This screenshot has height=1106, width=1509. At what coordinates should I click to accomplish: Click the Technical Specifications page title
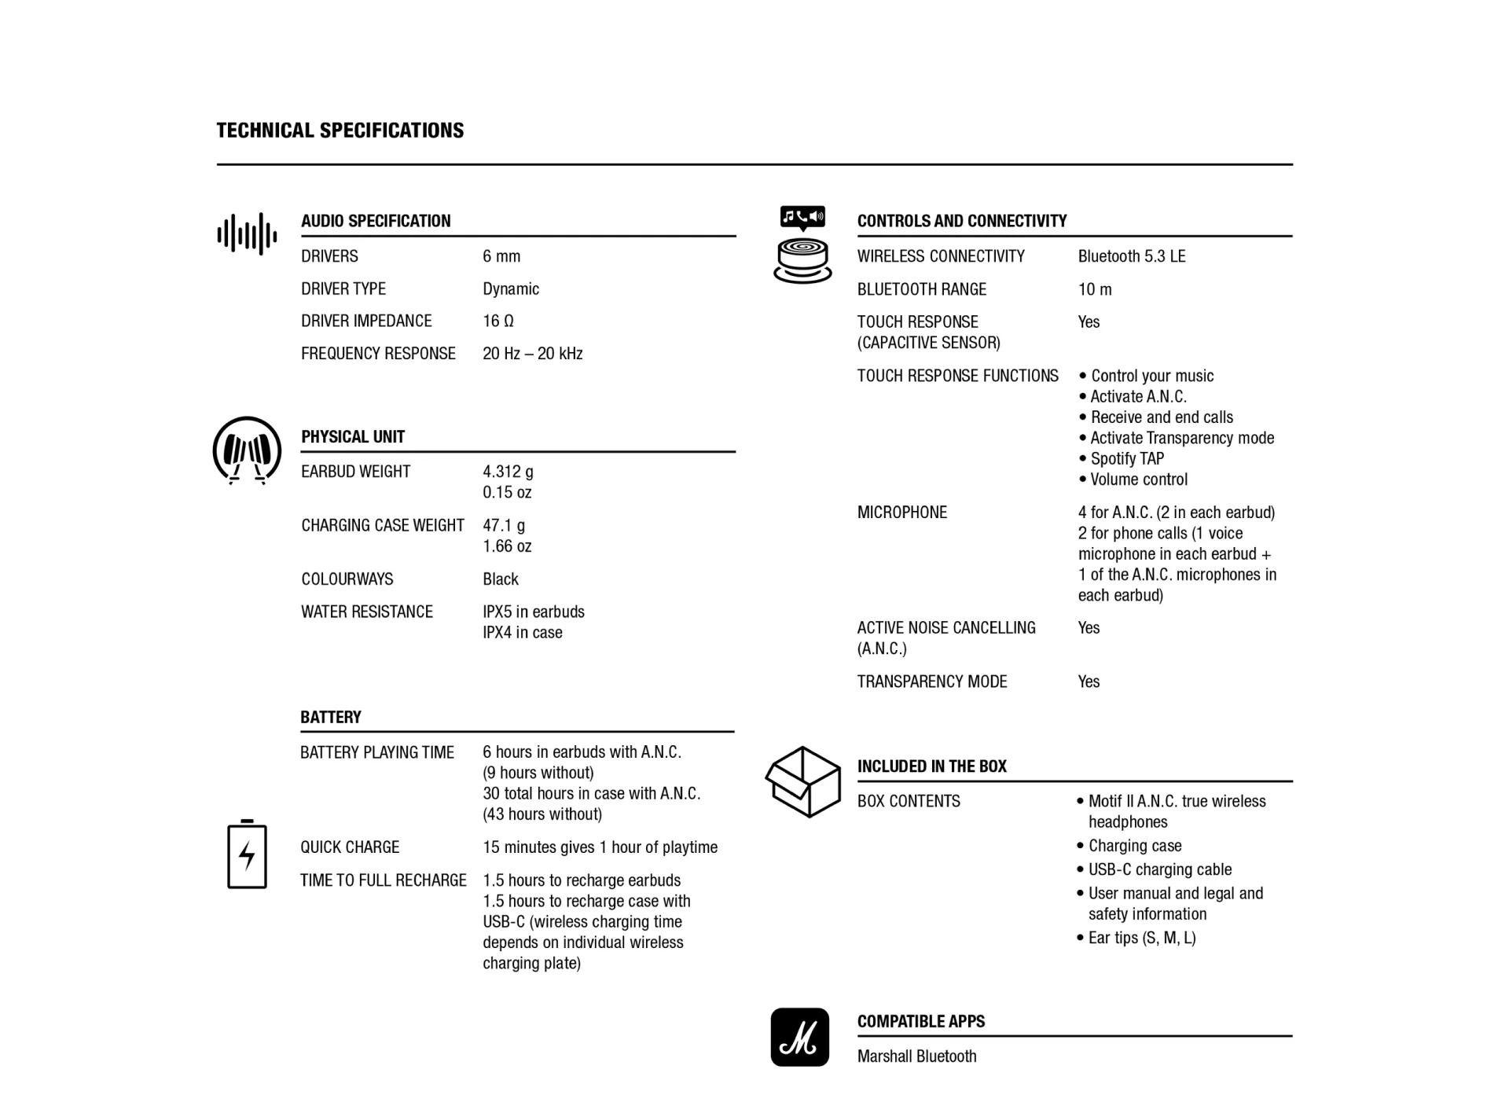click(340, 130)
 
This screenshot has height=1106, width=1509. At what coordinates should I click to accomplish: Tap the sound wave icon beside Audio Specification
click(247, 234)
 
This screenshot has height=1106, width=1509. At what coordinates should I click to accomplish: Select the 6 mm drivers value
click(501, 256)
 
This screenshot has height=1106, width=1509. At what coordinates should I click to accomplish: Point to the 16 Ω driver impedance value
click(498, 321)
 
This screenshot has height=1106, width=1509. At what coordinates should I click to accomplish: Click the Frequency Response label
click(378, 354)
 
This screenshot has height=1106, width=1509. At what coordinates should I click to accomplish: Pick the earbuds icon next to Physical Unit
click(247, 450)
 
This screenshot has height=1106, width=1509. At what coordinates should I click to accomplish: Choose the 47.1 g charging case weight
click(504, 525)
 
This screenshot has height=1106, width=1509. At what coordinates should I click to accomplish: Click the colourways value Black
click(501, 579)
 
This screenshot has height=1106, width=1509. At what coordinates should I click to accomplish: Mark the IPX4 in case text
click(523, 633)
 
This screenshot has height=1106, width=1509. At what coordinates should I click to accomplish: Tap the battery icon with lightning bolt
click(247, 854)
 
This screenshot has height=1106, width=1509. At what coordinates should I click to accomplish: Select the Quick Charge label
click(350, 847)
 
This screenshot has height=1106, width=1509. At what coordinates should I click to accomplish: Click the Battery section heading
click(331, 717)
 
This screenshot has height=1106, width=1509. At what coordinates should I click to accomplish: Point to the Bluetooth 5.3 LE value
click(1132, 256)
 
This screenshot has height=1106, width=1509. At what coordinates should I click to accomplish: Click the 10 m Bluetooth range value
click(1095, 289)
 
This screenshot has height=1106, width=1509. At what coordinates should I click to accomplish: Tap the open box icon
click(802, 781)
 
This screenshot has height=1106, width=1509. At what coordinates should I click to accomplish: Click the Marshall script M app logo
click(799, 1037)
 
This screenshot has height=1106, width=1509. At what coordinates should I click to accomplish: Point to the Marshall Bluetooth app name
click(916, 1056)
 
